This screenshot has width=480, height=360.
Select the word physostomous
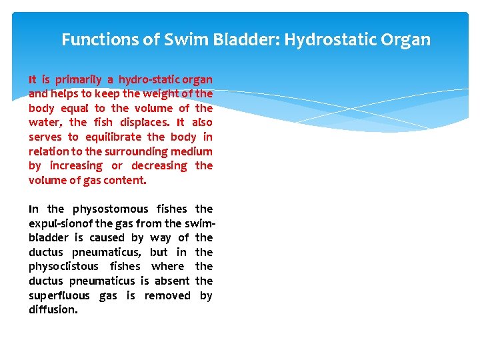click(x=110, y=209)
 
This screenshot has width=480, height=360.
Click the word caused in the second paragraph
click(x=107, y=237)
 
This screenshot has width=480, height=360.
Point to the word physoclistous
click(x=63, y=267)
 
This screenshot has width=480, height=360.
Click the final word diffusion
click(x=53, y=310)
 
